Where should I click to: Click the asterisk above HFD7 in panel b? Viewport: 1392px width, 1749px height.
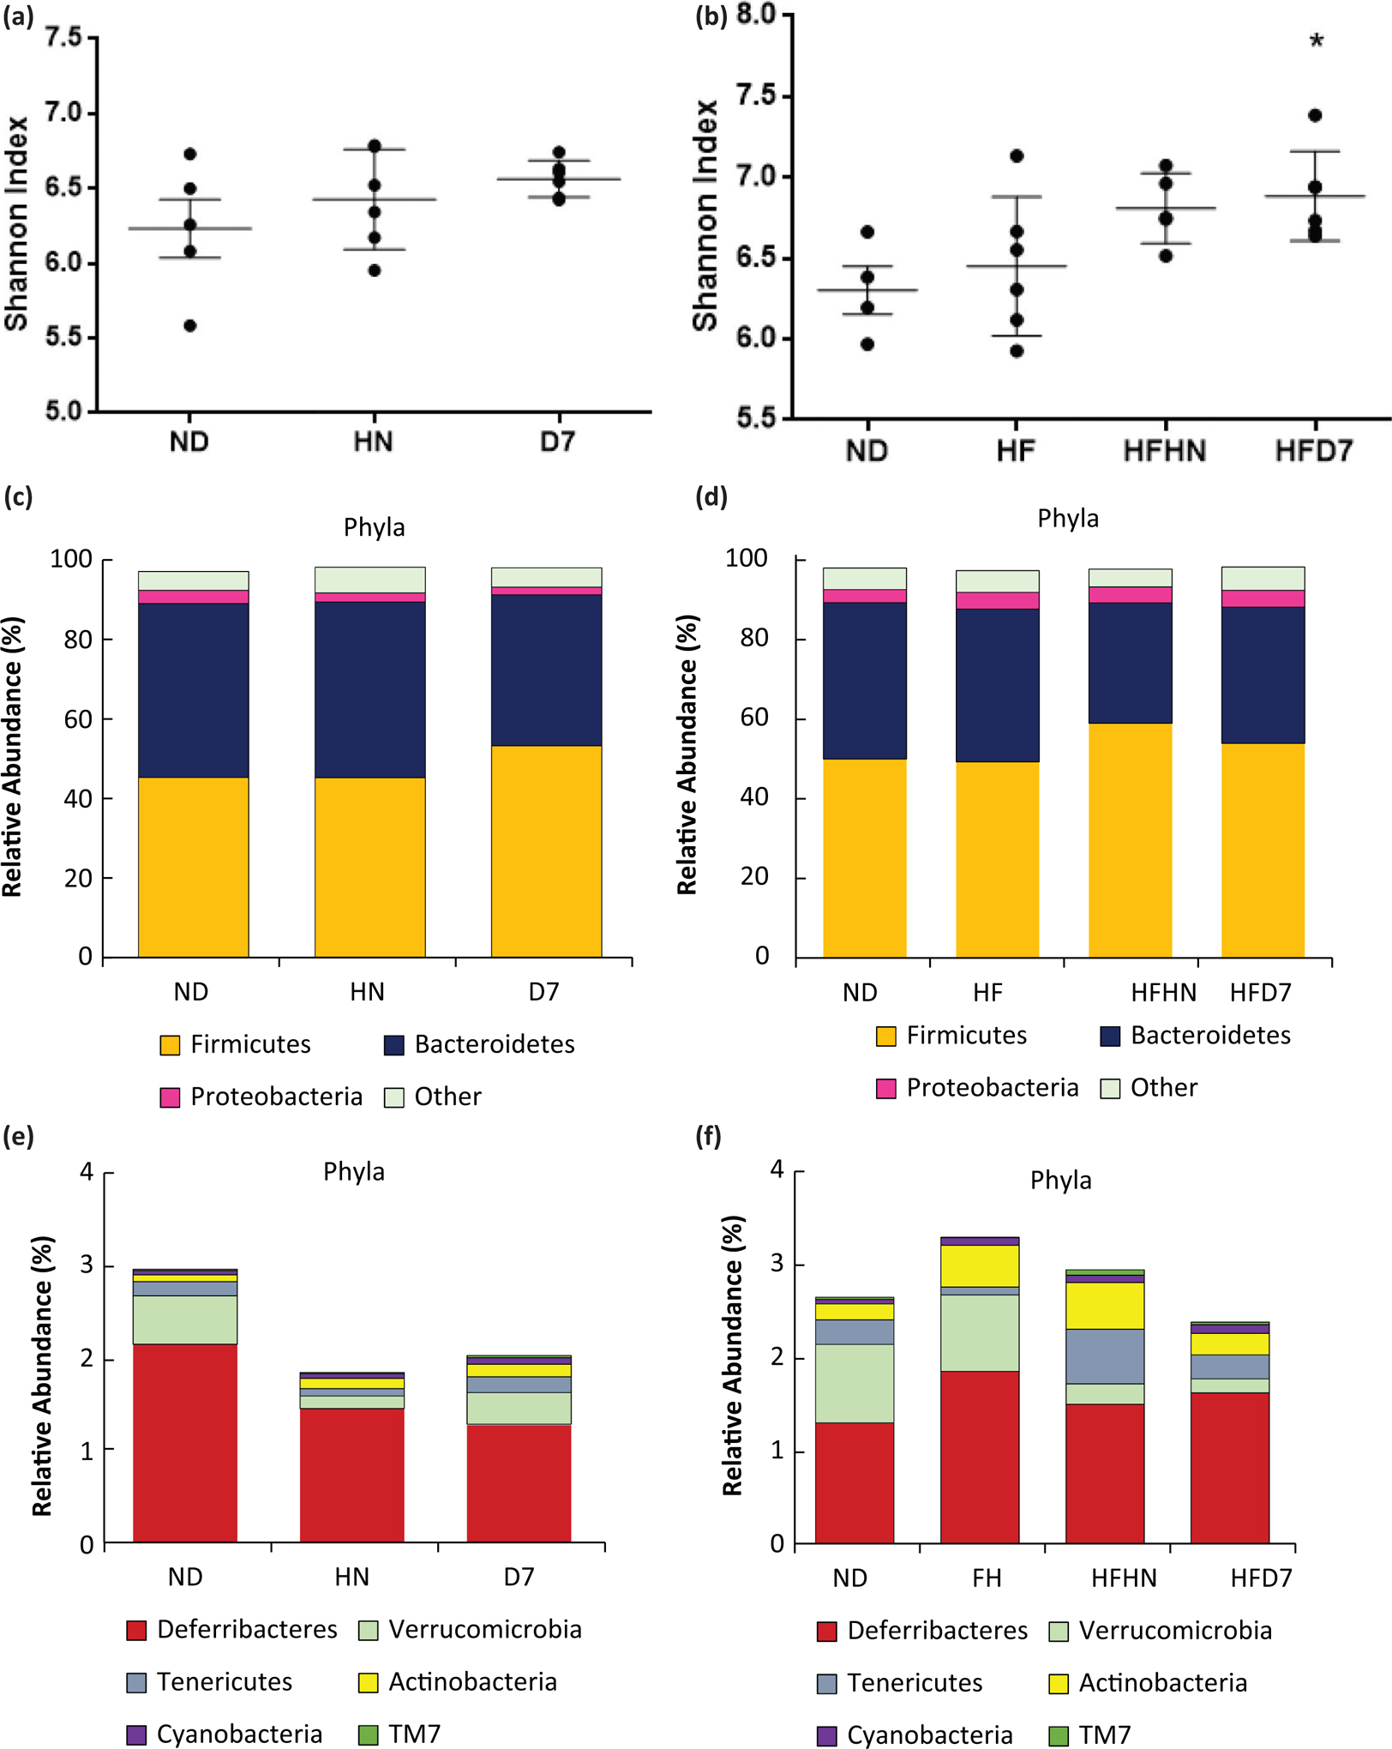(1317, 41)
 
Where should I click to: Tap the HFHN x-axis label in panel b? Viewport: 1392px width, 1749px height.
(1165, 451)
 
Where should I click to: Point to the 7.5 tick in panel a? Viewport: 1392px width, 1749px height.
(63, 38)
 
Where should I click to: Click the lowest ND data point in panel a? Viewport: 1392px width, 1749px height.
(190, 326)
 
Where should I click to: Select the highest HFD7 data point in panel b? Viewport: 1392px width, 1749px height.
(1315, 116)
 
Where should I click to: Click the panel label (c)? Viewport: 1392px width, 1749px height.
(18, 497)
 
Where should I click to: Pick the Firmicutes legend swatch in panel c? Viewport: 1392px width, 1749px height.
(171, 1045)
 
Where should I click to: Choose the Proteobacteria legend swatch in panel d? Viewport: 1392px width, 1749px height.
(886, 1088)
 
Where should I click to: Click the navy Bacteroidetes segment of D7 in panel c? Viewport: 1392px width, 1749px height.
(546, 670)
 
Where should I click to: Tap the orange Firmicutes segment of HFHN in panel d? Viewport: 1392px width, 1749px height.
(1130, 840)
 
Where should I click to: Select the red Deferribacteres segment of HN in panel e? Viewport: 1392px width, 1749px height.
(351, 1475)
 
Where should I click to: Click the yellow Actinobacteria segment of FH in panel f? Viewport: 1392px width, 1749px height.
(979, 1265)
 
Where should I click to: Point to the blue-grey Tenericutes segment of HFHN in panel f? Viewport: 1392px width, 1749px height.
(1104, 1356)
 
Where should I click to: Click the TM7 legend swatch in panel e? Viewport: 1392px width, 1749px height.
(369, 1734)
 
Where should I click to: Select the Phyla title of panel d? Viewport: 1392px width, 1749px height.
(1067, 519)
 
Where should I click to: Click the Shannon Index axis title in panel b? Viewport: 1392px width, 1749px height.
(705, 214)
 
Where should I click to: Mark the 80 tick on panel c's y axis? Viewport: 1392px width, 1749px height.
(78, 640)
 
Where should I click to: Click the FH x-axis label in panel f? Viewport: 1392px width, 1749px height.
(987, 1578)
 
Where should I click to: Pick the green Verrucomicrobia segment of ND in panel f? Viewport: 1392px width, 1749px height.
(854, 1383)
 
